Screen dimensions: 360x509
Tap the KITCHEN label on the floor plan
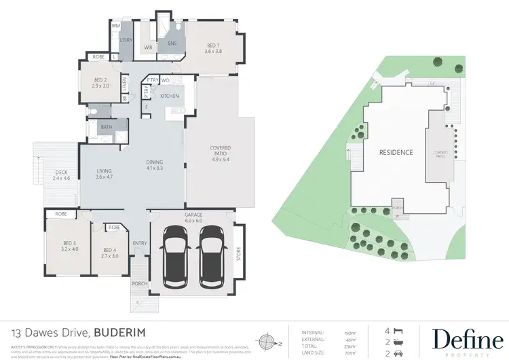[x=169, y=96]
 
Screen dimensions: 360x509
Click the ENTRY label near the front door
[x=140, y=242]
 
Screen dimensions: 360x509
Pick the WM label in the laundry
[x=115, y=26]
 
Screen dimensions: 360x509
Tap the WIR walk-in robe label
[x=148, y=48]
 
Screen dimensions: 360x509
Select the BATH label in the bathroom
[x=106, y=126]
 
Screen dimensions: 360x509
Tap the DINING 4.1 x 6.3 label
[x=155, y=165]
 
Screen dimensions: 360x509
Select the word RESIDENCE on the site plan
[x=396, y=152]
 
